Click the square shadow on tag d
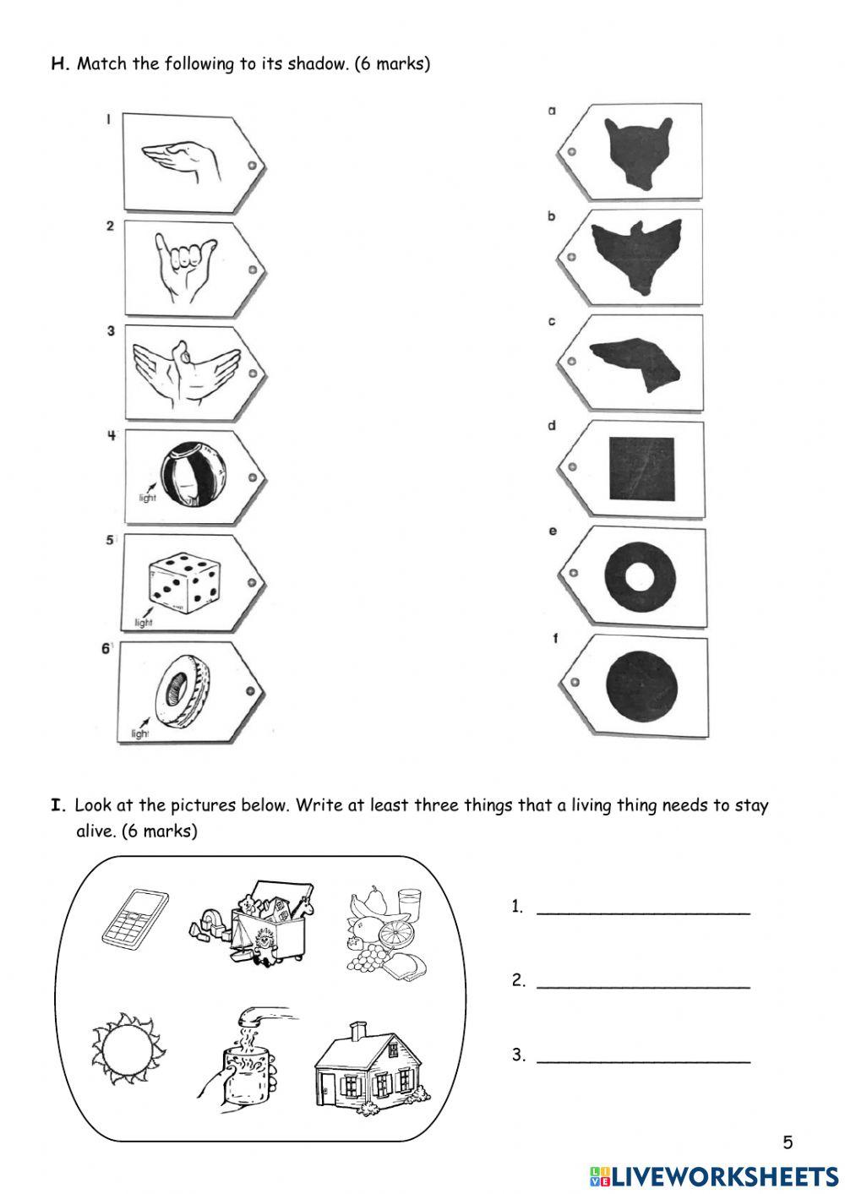(641, 470)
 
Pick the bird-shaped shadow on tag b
(636, 254)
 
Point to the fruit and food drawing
(386, 930)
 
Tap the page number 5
(788, 1142)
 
